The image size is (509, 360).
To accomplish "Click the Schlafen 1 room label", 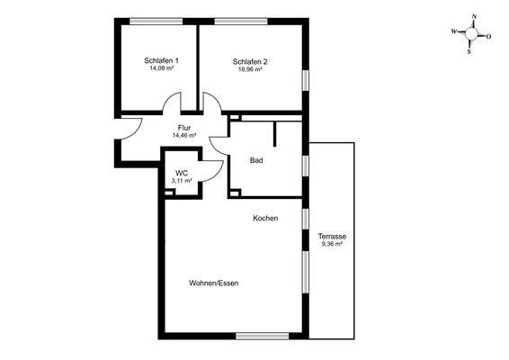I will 162,60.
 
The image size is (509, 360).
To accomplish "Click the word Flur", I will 185,127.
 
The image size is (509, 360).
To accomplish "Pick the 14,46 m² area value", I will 185,136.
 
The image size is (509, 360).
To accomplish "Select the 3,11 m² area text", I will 182,181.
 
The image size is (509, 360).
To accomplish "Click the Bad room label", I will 255,161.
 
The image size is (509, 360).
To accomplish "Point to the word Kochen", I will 265,219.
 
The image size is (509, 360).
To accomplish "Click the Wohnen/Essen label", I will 214,283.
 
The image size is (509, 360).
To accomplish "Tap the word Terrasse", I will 332,237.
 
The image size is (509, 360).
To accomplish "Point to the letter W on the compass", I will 454,31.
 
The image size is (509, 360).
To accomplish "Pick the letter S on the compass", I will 469,50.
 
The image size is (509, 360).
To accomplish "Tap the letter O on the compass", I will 488,37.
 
